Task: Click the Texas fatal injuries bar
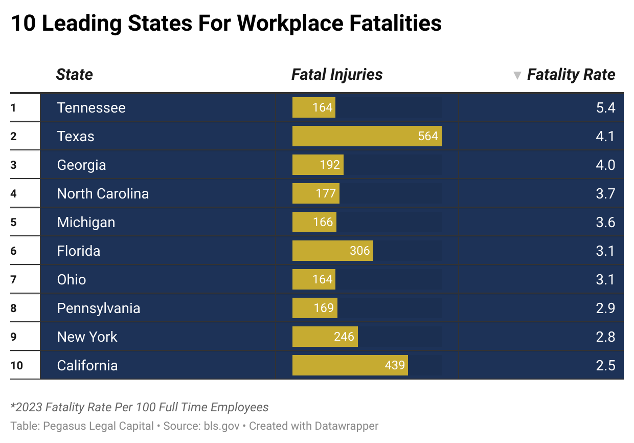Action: [x=367, y=136]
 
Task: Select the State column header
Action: [x=74, y=75]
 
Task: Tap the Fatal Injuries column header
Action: [x=337, y=75]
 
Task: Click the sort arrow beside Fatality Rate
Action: [x=517, y=76]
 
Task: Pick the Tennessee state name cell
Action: [x=91, y=108]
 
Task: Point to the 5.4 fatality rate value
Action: [x=605, y=108]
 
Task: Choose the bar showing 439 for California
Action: [x=350, y=365]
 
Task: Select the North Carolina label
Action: [x=103, y=194]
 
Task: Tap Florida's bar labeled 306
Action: [x=332, y=251]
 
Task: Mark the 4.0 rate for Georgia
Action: [x=605, y=165]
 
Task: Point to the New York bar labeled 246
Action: [x=325, y=337]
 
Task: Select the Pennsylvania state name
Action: [x=99, y=308]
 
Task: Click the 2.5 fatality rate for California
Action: [x=605, y=365]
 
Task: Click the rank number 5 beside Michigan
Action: [x=13, y=223]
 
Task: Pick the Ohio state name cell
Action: [x=72, y=280]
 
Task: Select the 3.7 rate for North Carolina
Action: [x=605, y=194]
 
